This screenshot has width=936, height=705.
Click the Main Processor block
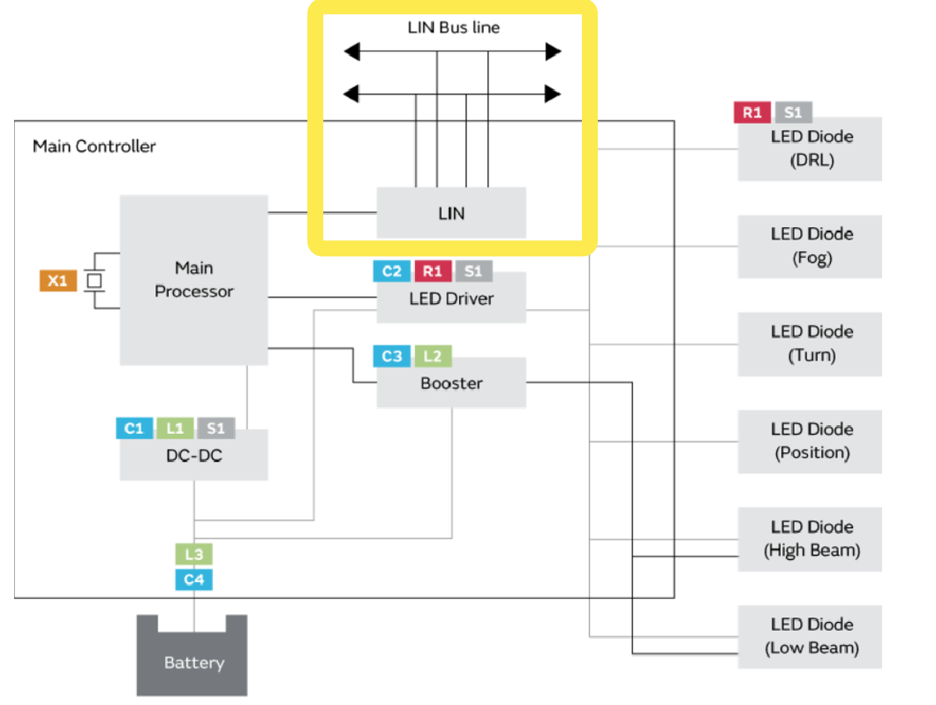coord(193,280)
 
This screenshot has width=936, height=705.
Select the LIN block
coord(451,213)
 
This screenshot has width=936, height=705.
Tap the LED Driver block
coord(451,299)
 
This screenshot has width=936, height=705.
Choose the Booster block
coord(451,383)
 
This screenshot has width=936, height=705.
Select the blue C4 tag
coord(193,580)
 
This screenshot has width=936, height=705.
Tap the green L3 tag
coord(193,555)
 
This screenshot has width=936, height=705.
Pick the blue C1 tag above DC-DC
coord(134,428)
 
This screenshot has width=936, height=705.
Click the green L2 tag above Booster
coord(433,356)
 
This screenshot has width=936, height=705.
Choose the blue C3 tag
coord(391,356)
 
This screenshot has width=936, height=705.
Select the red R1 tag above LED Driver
coord(432,270)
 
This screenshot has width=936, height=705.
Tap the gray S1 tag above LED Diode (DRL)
coord(793,112)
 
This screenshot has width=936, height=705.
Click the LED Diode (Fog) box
coord(811,246)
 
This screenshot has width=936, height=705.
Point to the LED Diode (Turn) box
coord(811,344)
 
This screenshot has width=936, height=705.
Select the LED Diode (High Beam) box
coord(811,539)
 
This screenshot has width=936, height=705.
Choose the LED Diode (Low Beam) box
coord(811,636)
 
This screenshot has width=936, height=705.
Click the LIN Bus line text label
coord(453,27)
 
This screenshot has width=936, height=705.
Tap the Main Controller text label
coord(94,146)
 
